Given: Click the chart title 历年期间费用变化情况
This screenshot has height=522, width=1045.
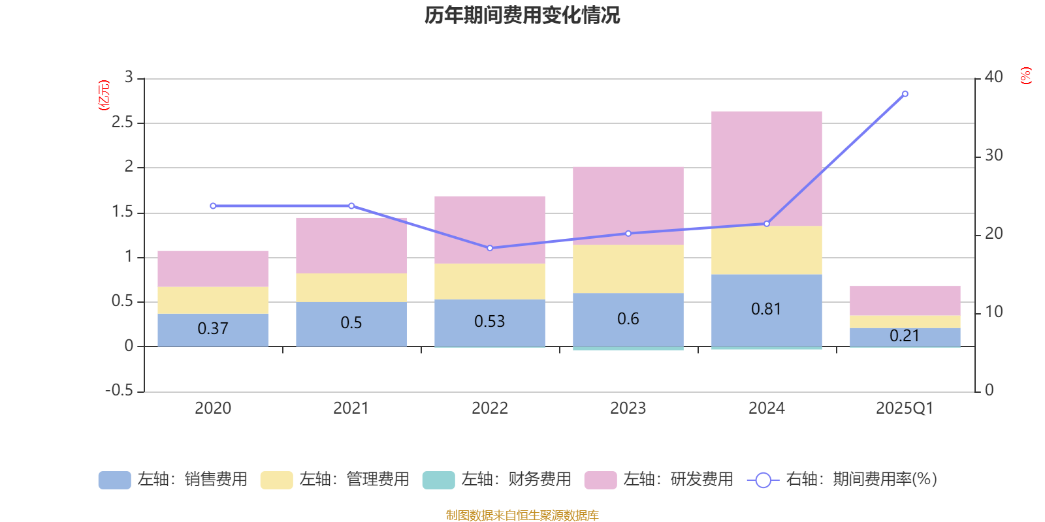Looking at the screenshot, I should click(522, 15).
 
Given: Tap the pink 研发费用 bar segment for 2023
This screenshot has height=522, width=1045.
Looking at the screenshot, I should click(628, 205).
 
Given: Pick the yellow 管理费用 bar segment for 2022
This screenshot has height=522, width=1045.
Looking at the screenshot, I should click(489, 281).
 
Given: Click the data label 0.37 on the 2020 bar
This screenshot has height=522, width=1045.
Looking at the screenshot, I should click(213, 328).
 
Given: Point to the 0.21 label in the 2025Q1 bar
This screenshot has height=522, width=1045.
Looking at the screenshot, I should click(905, 336).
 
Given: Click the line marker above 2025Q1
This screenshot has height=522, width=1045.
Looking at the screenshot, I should click(905, 94).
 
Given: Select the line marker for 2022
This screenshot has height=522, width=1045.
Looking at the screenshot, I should click(490, 248).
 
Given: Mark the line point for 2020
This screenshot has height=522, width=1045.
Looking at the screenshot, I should click(213, 206).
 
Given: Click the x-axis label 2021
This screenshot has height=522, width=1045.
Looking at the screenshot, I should click(351, 408).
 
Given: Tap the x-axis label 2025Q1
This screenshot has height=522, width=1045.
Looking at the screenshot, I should click(905, 408).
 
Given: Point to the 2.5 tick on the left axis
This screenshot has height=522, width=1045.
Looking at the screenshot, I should click(122, 123).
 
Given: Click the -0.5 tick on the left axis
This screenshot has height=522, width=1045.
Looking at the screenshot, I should click(119, 390).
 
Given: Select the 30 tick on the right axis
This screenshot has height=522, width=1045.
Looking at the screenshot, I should click(993, 155).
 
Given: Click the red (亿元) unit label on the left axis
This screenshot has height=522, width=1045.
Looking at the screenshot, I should click(103, 95).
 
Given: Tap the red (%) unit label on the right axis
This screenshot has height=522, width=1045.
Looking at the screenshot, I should click(1025, 76).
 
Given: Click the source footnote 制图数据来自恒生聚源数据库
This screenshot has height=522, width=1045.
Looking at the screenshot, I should click(522, 515).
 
